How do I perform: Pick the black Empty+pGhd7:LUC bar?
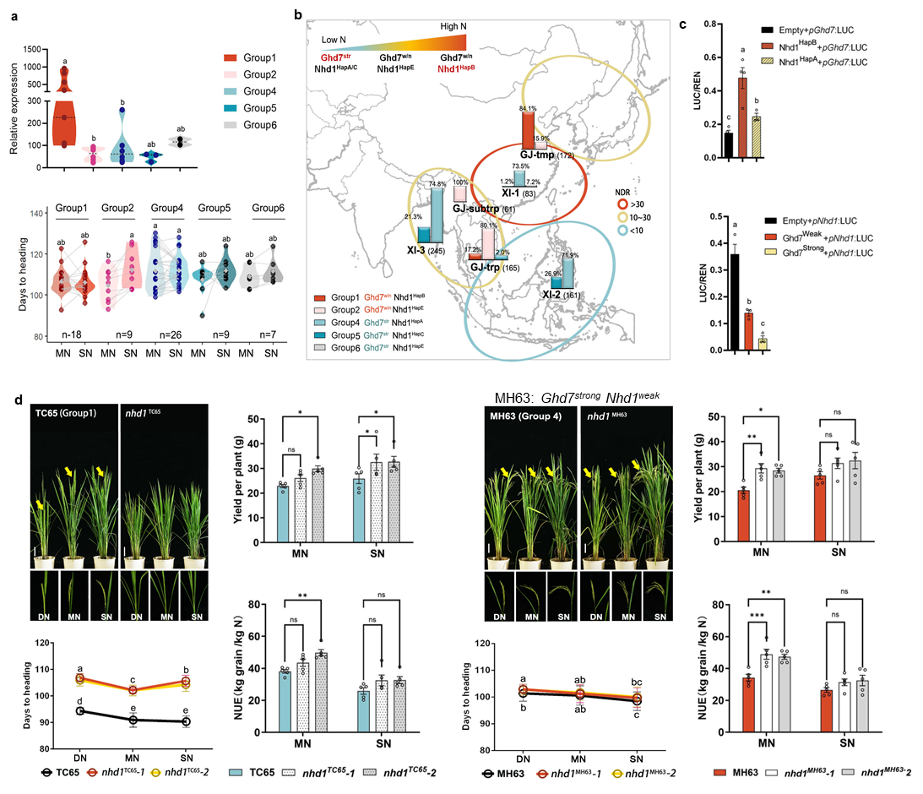coord(728,144)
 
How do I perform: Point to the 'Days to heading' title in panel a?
coord(14,275)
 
